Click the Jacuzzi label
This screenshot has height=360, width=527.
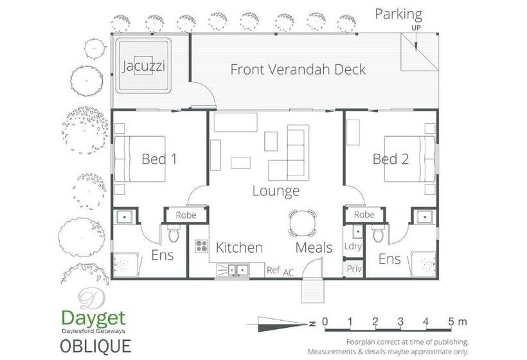[x=143, y=66]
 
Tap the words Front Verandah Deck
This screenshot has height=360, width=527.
[x=298, y=69]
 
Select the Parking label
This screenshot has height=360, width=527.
[x=398, y=14]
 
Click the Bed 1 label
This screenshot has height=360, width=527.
[x=159, y=159]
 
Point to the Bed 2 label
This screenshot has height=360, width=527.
[x=391, y=159]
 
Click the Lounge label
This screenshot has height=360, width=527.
[x=276, y=191]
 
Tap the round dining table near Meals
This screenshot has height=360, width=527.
[x=303, y=223]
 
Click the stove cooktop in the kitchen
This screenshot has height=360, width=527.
[x=202, y=246]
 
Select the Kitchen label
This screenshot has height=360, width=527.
[x=239, y=248]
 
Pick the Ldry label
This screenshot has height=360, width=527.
[x=353, y=246]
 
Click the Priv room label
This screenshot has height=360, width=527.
[x=354, y=269]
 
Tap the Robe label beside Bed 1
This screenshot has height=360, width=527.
[x=186, y=215]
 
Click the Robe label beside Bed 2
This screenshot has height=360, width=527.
[x=364, y=215]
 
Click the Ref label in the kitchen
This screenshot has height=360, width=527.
[x=273, y=270]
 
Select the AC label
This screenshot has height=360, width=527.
[x=289, y=273]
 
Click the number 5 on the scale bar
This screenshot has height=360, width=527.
[x=451, y=321]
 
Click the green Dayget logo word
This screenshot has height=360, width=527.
[x=93, y=318]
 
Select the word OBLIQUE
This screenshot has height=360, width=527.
[x=96, y=346]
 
